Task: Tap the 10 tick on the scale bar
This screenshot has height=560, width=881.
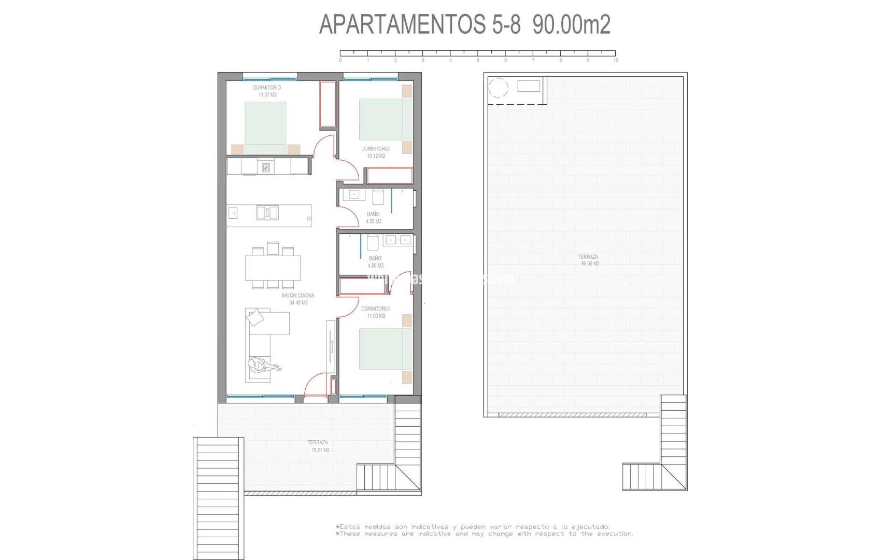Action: [x=615, y=53]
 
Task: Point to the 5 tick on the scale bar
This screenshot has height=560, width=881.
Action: [x=478, y=53]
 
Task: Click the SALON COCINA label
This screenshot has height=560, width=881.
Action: [x=298, y=296]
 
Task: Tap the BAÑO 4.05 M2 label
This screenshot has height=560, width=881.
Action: [x=373, y=218]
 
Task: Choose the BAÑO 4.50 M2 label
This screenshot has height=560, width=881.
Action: [x=375, y=262]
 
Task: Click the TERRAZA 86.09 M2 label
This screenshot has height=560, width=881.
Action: [x=589, y=260]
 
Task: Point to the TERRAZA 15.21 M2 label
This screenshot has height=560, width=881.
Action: [x=318, y=446]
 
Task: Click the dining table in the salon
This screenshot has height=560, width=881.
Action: [x=273, y=268]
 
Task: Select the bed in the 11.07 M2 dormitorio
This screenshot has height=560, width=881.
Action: [x=265, y=128]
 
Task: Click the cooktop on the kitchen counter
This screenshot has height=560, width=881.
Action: [x=266, y=167]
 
